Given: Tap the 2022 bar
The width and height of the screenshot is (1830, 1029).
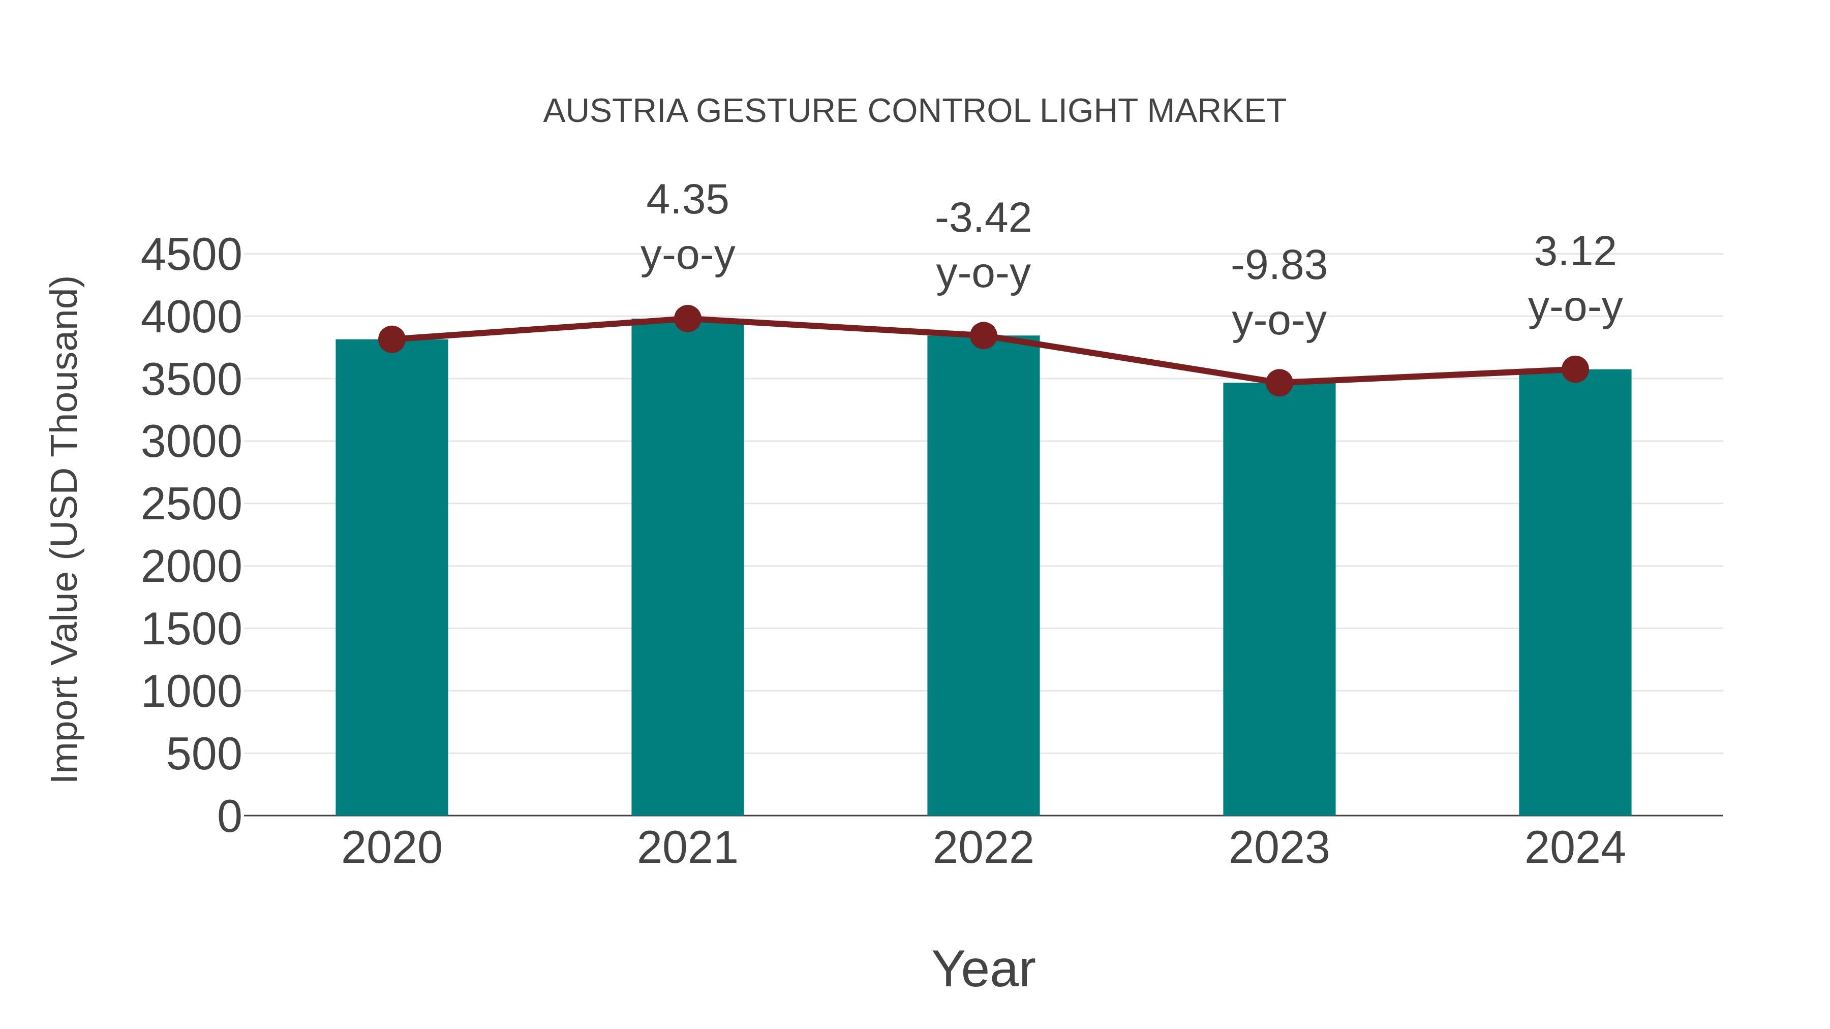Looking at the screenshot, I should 983,575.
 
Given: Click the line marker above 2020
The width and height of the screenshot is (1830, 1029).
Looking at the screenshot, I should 391,339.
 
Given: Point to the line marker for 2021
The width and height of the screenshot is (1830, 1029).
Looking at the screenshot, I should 687,319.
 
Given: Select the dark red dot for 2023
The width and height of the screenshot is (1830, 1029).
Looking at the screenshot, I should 1279,383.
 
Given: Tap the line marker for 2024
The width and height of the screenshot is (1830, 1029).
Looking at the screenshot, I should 1575,369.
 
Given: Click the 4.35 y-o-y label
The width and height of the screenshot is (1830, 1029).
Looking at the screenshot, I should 687,227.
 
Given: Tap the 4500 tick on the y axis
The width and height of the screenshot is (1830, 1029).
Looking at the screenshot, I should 191,255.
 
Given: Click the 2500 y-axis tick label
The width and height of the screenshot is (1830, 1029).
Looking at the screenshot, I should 191,505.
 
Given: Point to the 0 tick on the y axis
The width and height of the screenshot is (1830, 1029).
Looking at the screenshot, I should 229,816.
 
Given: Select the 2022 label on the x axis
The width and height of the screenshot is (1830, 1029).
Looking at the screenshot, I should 983,848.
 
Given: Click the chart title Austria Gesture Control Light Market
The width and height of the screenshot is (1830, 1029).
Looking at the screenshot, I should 914,111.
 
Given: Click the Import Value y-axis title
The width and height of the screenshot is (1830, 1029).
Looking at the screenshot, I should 66,529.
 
